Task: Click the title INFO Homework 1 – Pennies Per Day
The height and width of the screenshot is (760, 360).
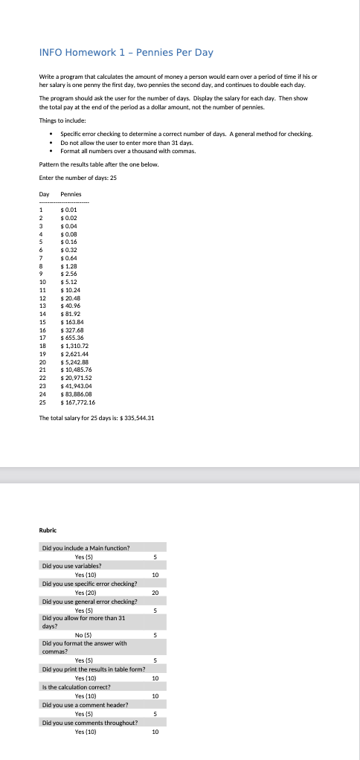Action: click(x=126, y=52)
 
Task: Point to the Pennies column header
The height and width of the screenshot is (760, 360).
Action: click(x=71, y=194)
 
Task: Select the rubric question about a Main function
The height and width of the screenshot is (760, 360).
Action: click(x=86, y=547)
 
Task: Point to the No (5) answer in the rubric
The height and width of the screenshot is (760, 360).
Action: click(x=83, y=634)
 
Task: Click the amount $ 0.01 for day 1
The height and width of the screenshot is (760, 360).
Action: click(x=69, y=209)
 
